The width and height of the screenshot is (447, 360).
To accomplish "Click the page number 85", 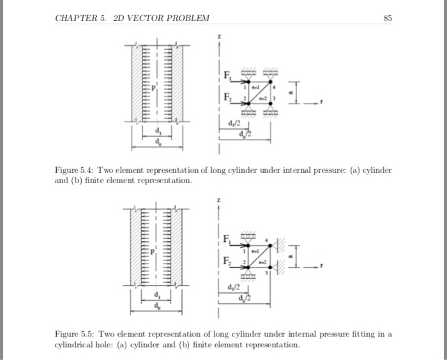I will point(388,17).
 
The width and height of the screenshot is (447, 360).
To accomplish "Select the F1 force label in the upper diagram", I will point(227,77).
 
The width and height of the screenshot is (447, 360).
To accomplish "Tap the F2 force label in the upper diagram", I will point(227,98).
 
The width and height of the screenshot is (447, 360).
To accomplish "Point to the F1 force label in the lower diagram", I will point(227,239).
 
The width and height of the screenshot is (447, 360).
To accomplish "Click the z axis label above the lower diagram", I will point(220,200).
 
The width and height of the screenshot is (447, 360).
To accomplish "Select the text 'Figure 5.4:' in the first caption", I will point(72,171).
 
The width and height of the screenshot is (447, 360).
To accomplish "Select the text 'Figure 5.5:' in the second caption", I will point(72,334).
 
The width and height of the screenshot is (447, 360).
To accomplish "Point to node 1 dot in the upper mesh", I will point(248,82).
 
